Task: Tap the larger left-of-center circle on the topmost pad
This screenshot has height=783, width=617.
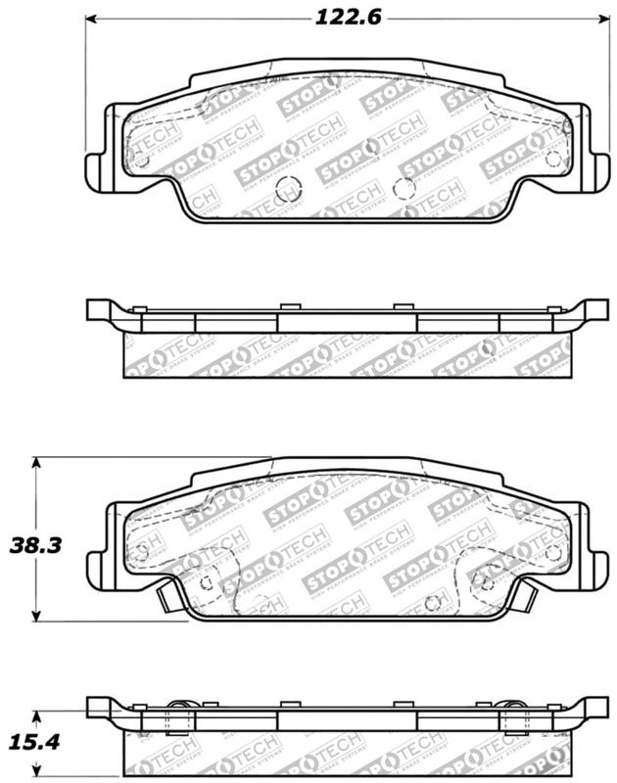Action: click(x=287, y=188)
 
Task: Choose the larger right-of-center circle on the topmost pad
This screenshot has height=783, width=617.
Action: click(x=403, y=188)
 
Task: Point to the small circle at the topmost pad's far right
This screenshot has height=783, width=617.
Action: click(x=553, y=158)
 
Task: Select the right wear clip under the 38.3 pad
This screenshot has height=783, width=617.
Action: click(x=524, y=593)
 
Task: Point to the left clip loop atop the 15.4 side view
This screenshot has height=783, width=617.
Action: click(x=178, y=706)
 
